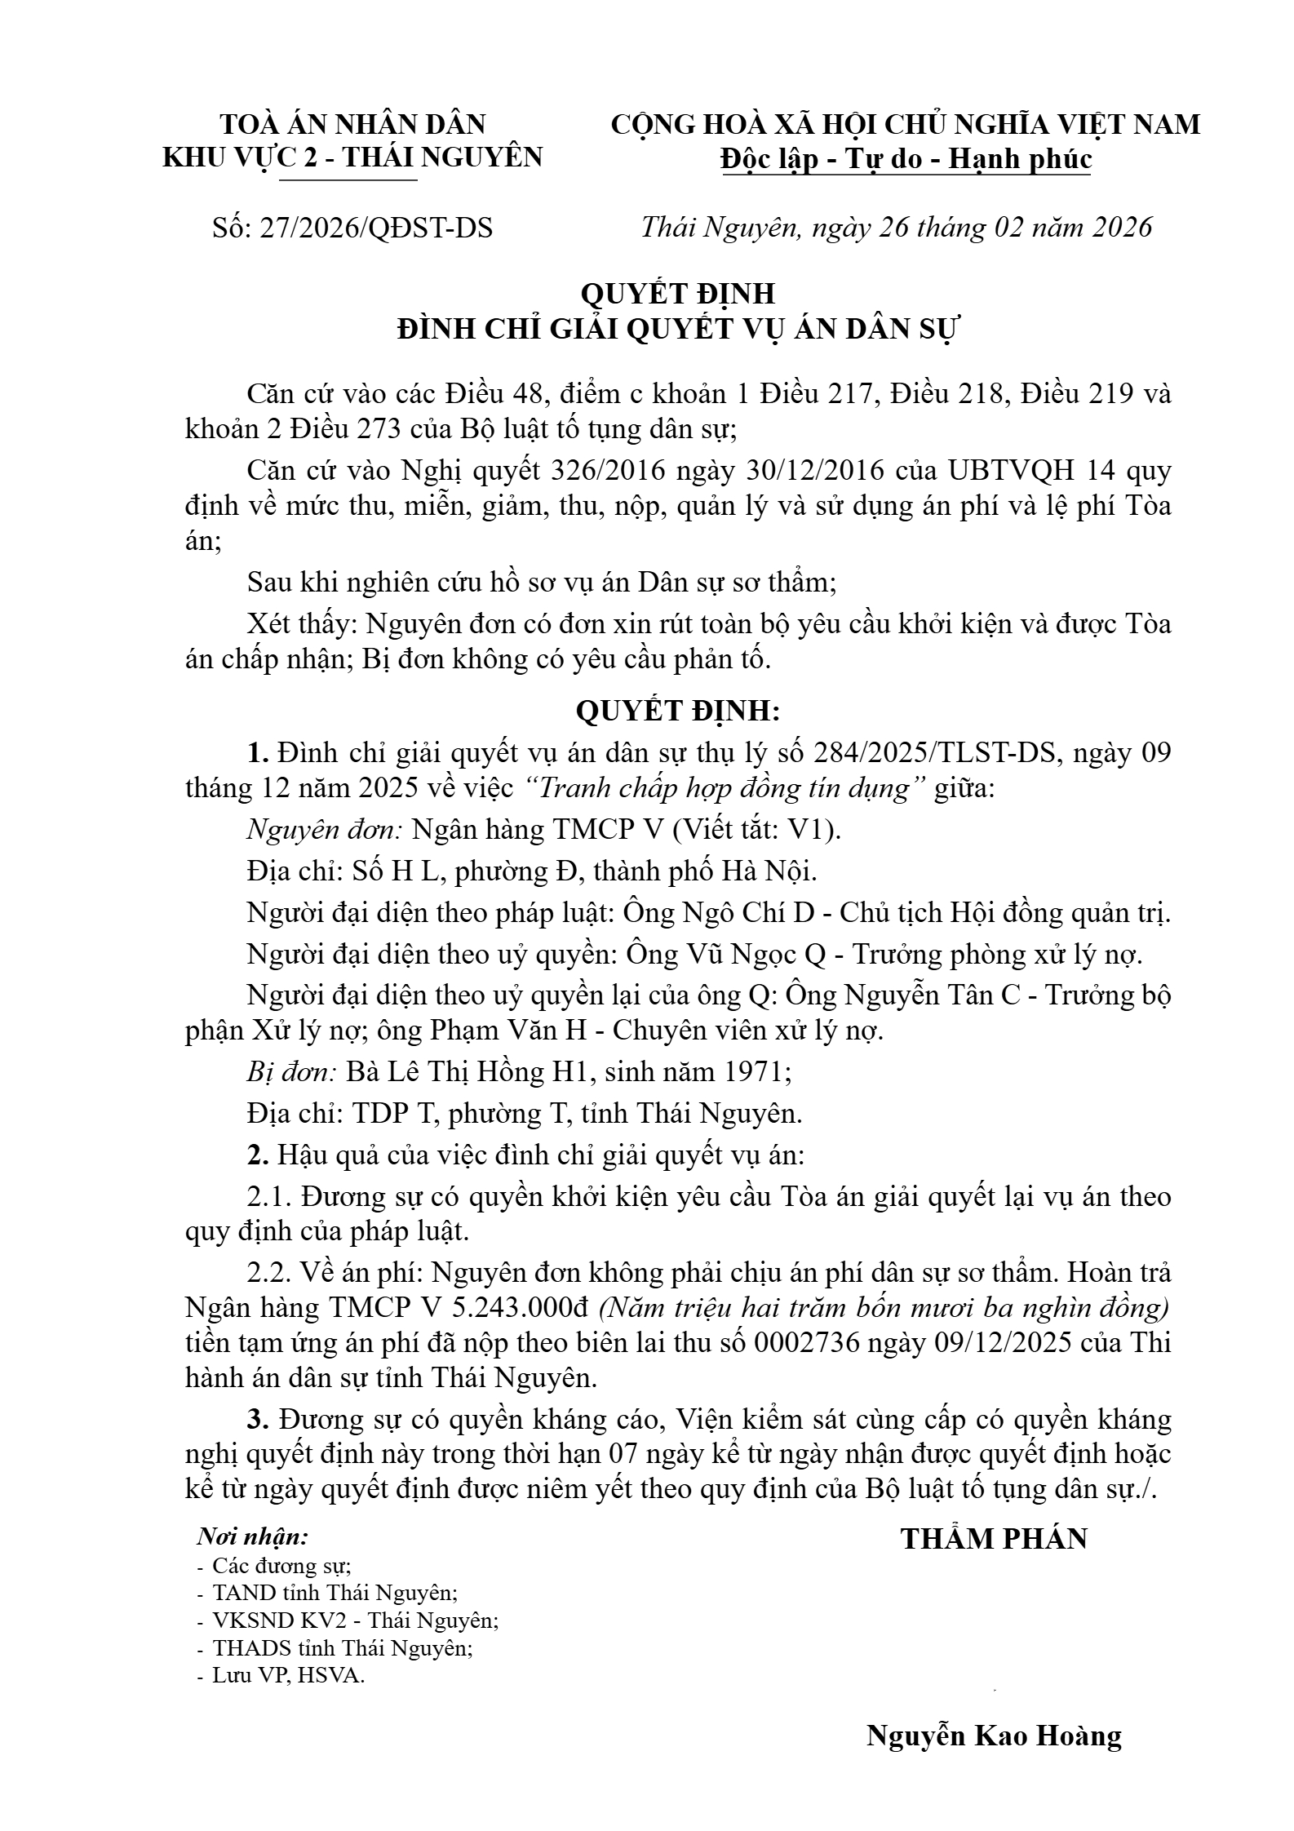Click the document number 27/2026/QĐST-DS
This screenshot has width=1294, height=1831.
pyautogui.click(x=375, y=228)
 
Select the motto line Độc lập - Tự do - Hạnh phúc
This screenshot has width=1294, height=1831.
pyautogui.click(x=906, y=158)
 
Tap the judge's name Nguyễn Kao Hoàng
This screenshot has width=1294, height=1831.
pyautogui.click(x=993, y=1735)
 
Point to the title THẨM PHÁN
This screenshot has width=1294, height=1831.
pyautogui.click(x=994, y=1538)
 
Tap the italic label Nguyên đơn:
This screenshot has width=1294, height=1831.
pyautogui.click(x=325, y=829)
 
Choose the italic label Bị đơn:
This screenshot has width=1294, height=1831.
pyautogui.click(x=291, y=1071)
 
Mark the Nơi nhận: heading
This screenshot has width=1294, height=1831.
pyautogui.click(x=253, y=1537)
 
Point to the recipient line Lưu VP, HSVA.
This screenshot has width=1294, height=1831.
pyautogui.click(x=288, y=1676)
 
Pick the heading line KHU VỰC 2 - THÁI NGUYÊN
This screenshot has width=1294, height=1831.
pyautogui.click(x=352, y=157)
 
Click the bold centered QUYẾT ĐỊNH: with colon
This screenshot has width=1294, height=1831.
pyautogui.click(x=677, y=711)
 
